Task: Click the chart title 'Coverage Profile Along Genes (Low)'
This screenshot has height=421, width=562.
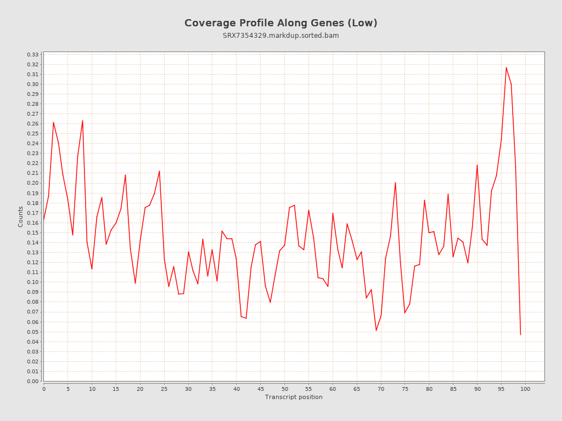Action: pyautogui.click(x=280, y=23)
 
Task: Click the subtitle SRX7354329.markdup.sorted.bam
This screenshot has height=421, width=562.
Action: pyautogui.click(x=280, y=36)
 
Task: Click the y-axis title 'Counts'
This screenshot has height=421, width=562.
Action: pyautogui.click(x=21, y=217)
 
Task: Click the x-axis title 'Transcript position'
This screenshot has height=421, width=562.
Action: pyautogui.click(x=294, y=397)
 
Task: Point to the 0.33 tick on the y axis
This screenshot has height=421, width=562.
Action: pyautogui.click(x=33, y=55)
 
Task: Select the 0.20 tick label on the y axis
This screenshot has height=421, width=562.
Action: pyautogui.click(x=33, y=183)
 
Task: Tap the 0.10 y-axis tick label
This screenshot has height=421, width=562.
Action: pyautogui.click(x=33, y=282)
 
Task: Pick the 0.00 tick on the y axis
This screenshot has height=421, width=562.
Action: pyautogui.click(x=33, y=381)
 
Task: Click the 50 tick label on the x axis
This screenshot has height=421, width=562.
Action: pyautogui.click(x=284, y=389)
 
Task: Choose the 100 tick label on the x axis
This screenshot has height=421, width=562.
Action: pyautogui.click(x=525, y=389)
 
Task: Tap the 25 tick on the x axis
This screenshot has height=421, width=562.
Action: pyautogui.click(x=164, y=389)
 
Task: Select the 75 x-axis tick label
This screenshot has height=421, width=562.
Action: pyautogui.click(x=405, y=389)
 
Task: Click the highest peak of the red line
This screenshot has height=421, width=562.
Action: pyautogui.click(x=506, y=67)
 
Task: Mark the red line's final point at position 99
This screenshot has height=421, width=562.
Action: pyautogui.click(x=520, y=334)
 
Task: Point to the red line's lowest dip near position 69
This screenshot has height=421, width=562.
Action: pyautogui.click(x=376, y=330)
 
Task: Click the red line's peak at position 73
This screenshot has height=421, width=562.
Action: pyautogui.click(x=395, y=183)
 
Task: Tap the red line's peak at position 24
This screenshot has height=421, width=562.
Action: pyautogui.click(x=159, y=171)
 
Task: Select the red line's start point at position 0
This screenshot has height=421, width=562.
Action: pyautogui.click(x=44, y=221)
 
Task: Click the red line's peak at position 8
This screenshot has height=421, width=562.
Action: pyautogui.click(x=82, y=121)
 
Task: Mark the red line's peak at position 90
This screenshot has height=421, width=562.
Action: pyautogui.click(x=477, y=165)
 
